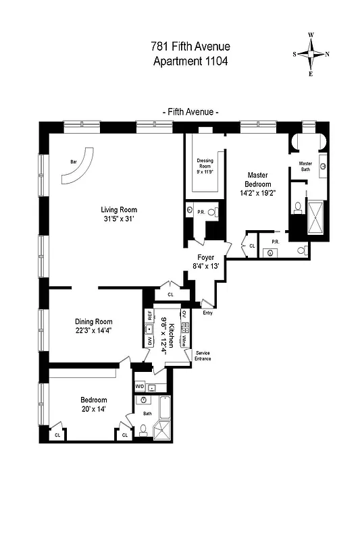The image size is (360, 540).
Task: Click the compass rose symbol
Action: click(x=311, y=55)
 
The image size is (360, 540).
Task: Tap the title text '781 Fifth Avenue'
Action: click(x=190, y=47)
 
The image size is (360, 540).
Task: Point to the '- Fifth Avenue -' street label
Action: click(x=190, y=112)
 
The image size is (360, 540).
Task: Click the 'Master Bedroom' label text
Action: click(x=259, y=179)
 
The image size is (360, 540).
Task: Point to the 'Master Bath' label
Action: click(x=305, y=166)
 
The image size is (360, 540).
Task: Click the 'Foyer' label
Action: click(x=205, y=257)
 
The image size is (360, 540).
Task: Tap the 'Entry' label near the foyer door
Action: click(x=207, y=313)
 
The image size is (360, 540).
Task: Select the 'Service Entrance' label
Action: click(x=203, y=356)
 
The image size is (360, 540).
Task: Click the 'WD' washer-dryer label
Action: click(x=140, y=387)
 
